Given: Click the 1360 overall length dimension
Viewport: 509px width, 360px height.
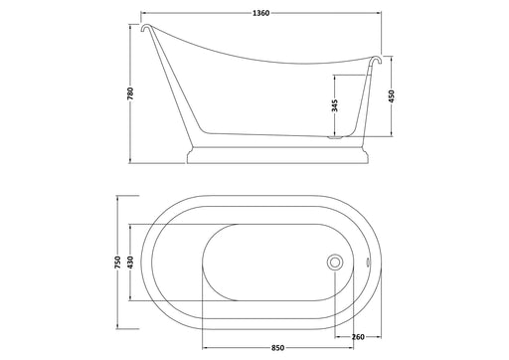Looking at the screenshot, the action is tap(261, 13).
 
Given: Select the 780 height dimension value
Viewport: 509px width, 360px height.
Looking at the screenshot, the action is tap(130, 93).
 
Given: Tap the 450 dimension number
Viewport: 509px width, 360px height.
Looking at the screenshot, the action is tap(392, 96).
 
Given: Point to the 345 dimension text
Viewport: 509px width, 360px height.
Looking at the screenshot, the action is tap(335, 105).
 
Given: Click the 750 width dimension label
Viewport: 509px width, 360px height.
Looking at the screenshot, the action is tap(117, 263).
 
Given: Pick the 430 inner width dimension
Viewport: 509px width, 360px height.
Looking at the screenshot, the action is tap(130, 262).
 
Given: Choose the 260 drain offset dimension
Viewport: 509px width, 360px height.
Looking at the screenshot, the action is tap(358, 337).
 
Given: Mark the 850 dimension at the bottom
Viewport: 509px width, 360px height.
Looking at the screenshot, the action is tap(277, 348).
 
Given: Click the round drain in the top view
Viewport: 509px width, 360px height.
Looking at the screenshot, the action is tap(335, 263).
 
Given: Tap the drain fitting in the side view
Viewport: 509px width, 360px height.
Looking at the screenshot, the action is tap(334, 136).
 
